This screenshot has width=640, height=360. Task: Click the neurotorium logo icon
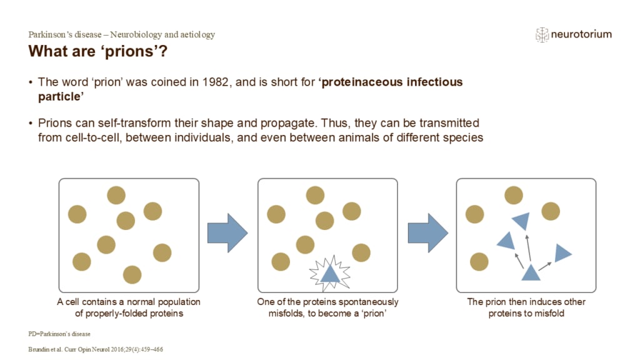(542, 35)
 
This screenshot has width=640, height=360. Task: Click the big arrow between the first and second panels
(227, 234)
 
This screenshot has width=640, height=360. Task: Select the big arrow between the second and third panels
(427, 234)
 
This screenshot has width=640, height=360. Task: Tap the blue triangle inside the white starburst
(331, 271)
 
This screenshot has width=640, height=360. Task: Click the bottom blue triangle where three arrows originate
(531, 272)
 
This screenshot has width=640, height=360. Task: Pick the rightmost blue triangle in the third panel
(562, 252)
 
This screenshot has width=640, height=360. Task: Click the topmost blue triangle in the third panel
(521, 220)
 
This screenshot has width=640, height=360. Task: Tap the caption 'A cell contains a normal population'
(129, 302)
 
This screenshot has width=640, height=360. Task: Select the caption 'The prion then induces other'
(526, 302)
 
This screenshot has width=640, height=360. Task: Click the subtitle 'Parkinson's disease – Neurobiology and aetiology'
(122, 35)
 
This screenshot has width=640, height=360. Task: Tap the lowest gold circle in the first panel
(132, 274)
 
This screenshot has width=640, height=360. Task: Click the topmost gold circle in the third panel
(514, 195)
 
